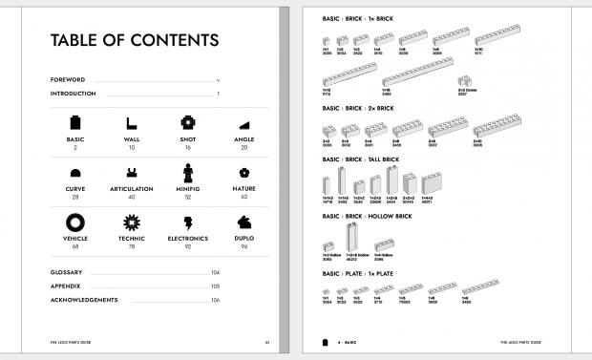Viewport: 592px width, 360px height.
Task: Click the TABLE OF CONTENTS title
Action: tap(133, 40)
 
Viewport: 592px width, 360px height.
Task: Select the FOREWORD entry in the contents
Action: tap(68, 80)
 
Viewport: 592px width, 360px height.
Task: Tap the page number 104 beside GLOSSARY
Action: tap(215, 272)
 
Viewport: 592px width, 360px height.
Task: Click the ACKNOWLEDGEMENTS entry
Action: tap(83, 300)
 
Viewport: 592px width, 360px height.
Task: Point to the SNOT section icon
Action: tap(188, 123)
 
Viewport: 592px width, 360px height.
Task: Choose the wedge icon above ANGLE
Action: tap(244, 125)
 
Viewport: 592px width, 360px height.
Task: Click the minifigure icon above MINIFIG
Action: tap(188, 173)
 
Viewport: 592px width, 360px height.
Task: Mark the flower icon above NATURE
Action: tap(244, 173)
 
